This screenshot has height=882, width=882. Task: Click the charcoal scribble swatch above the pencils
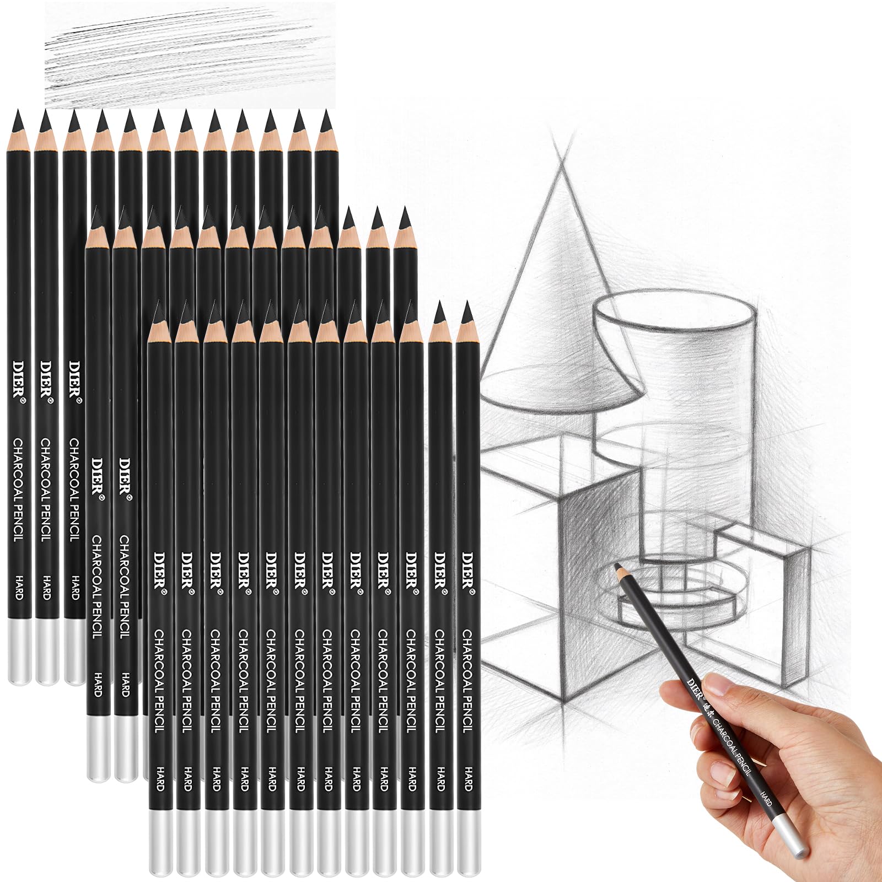click(x=190, y=54)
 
